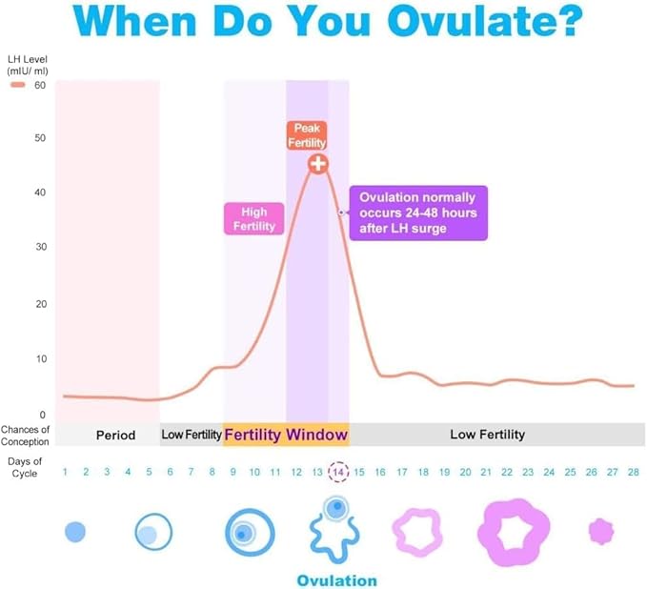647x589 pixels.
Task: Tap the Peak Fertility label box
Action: [307, 134]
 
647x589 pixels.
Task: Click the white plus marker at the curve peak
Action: [318, 163]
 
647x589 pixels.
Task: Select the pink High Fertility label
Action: [254, 218]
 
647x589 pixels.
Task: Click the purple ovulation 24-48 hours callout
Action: [418, 213]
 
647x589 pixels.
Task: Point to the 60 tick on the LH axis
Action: [40, 85]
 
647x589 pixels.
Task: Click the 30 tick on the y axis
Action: [40, 247]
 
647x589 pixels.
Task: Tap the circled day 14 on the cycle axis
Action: [337, 472]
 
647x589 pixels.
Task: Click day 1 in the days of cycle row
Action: [65, 472]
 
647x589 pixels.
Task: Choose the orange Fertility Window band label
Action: [286, 435]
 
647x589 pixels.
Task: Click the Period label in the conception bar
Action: [115, 435]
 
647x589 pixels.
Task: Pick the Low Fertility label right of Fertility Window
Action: [487, 435]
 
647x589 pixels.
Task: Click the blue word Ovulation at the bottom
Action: [336, 580]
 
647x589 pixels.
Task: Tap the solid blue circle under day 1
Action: [75, 531]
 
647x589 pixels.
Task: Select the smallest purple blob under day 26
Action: [601, 530]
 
